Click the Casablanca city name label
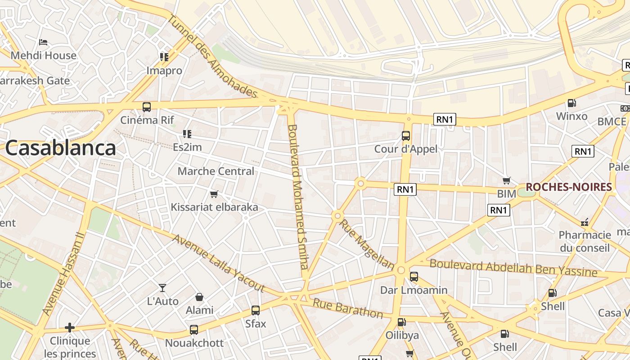click(60, 148)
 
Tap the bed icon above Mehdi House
click(43, 42)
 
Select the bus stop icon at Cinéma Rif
click(147, 107)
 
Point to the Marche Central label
click(216, 171)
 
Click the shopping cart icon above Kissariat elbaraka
click(214, 194)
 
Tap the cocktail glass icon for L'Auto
click(162, 288)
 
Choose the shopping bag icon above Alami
click(199, 297)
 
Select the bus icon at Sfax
click(256, 310)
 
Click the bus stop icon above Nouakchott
click(194, 329)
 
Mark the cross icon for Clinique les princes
click(70, 327)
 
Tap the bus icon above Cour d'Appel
click(406, 135)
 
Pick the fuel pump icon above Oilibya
click(401, 322)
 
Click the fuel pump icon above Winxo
click(571, 103)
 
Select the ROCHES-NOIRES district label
click(569, 187)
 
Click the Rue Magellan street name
click(366, 244)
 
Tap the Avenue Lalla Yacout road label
click(219, 263)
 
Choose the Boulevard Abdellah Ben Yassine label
click(513, 268)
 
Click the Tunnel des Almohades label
click(212, 56)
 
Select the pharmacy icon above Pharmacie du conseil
click(585, 222)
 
